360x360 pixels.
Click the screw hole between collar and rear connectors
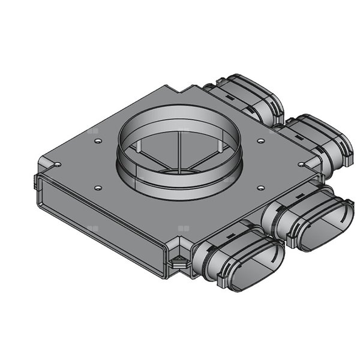pyautogui.click(x=261, y=142)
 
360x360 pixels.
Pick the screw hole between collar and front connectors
pyautogui.click(x=260, y=187)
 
